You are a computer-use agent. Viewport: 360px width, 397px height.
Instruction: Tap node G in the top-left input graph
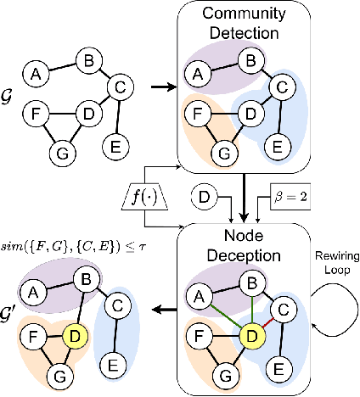click(x=61, y=154)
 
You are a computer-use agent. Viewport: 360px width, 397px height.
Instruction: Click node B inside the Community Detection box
click(x=249, y=60)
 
